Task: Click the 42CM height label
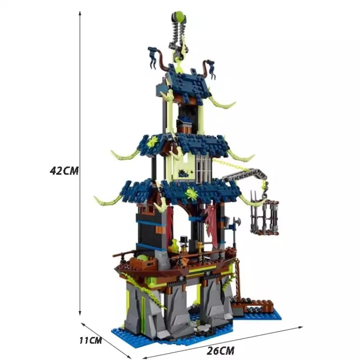coord(64,171)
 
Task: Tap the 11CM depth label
coord(90,340)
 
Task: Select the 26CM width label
coord(220,351)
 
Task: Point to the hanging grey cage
coord(265,217)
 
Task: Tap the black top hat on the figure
coord(184,240)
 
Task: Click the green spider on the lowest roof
coord(191,193)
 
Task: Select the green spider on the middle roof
coord(152,141)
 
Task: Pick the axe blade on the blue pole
coord(236,222)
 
